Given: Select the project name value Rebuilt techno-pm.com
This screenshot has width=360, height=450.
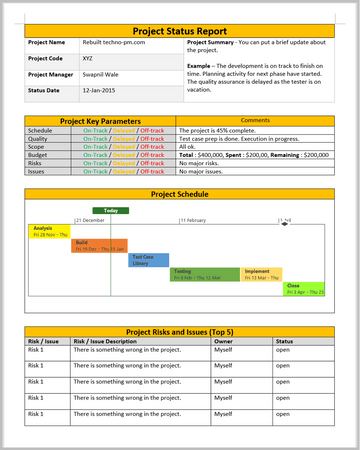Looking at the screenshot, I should coord(111,43).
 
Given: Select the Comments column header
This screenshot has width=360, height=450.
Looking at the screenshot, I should coord(254,120).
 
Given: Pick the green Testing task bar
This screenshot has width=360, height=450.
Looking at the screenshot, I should coord(205,273).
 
